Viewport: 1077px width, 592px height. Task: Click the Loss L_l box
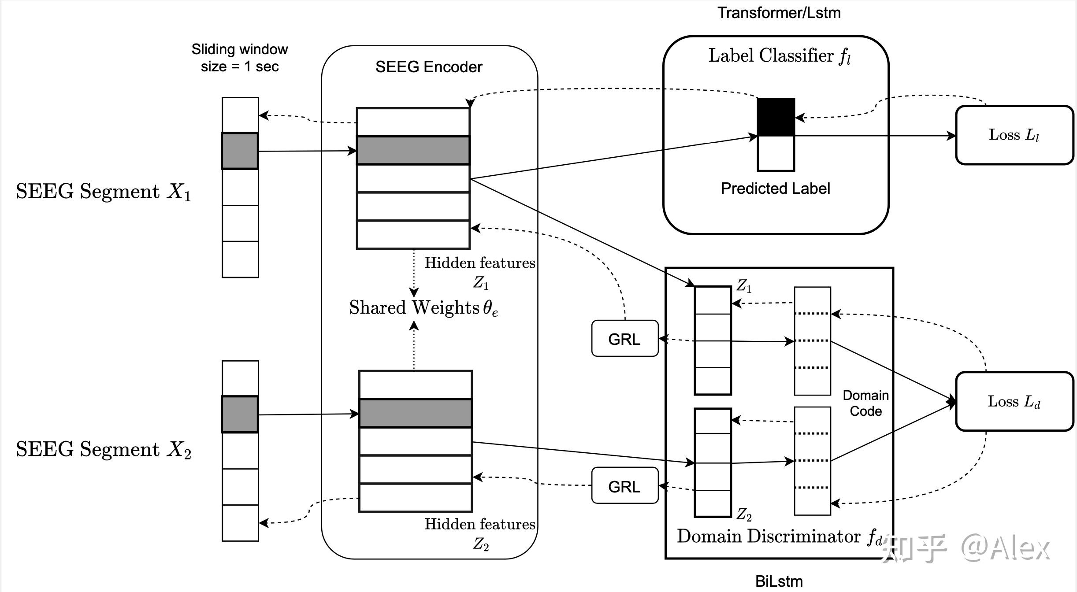(x=1014, y=135)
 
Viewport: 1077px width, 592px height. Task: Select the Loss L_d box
(x=1014, y=401)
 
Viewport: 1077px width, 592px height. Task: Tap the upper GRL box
(x=624, y=339)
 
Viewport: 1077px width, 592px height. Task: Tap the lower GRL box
(x=624, y=486)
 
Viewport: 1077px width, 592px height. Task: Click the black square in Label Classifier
(x=776, y=117)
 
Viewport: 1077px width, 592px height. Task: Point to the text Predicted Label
(x=775, y=189)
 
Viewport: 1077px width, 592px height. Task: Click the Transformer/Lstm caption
(x=779, y=13)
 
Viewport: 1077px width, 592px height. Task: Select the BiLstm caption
(x=779, y=581)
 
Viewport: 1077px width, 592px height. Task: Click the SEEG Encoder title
(x=429, y=67)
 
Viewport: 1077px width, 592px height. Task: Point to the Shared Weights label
(x=423, y=307)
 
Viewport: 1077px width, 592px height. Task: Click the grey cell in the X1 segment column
(x=240, y=151)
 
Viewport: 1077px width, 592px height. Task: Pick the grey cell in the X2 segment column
(x=240, y=414)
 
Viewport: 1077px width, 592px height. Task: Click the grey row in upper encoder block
(x=413, y=150)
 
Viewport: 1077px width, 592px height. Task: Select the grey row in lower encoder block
(x=416, y=413)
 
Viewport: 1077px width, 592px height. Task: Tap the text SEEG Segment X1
(x=104, y=192)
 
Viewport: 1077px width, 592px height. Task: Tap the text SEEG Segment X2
(x=104, y=450)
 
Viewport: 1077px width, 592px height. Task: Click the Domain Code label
(x=865, y=403)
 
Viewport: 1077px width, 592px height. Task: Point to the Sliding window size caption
(x=240, y=58)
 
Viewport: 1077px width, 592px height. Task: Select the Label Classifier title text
(x=779, y=56)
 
